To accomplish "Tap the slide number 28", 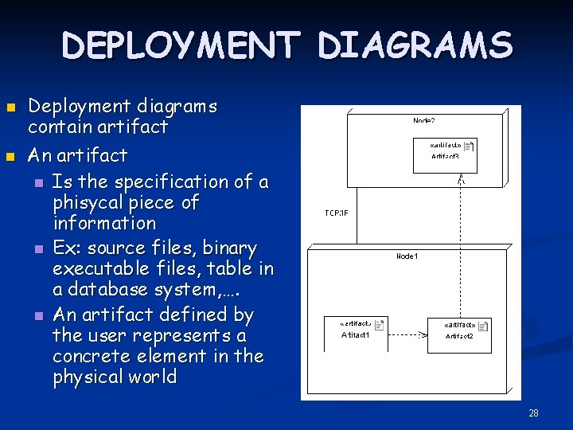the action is (533, 412).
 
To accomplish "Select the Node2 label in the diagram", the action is (423, 121).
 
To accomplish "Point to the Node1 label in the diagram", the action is (407, 256).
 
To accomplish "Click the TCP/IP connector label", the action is (337, 213).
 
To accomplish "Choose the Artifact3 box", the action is (445, 152).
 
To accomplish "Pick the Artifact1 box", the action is (357, 330).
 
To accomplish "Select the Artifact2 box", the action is (459, 331).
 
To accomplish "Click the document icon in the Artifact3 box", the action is (469, 147).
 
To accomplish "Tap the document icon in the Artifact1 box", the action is (379, 324).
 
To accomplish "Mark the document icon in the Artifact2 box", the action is (483, 326).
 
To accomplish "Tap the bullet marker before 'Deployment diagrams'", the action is (10, 107).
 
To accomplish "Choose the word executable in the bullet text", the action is (100, 269).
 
